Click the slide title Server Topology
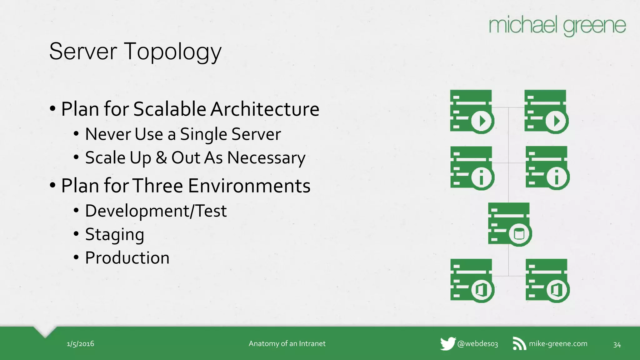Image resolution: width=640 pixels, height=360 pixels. (135, 52)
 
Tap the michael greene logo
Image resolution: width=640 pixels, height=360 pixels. (557, 26)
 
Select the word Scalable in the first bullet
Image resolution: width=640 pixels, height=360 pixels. (170, 109)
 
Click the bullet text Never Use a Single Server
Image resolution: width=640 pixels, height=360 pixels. (183, 134)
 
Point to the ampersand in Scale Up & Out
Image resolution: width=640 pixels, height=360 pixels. (161, 157)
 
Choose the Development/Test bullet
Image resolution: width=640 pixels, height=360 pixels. (156, 211)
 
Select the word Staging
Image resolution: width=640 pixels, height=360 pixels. (115, 235)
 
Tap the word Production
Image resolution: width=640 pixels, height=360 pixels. (127, 258)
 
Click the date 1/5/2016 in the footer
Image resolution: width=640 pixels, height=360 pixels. (80, 344)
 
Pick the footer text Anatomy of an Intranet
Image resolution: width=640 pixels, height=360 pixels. (287, 344)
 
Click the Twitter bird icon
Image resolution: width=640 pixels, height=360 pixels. (447, 344)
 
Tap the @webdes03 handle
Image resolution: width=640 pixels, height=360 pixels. (477, 344)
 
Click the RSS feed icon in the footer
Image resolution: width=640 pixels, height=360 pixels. (519, 344)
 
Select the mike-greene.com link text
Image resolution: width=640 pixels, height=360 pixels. (558, 344)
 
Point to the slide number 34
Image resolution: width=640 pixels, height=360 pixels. (617, 345)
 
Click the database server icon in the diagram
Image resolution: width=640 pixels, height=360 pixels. (509, 224)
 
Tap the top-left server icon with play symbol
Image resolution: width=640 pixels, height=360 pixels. (472, 112)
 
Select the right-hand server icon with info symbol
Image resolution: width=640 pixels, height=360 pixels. (547, 168)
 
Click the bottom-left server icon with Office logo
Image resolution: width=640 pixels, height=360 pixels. (472, 281)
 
